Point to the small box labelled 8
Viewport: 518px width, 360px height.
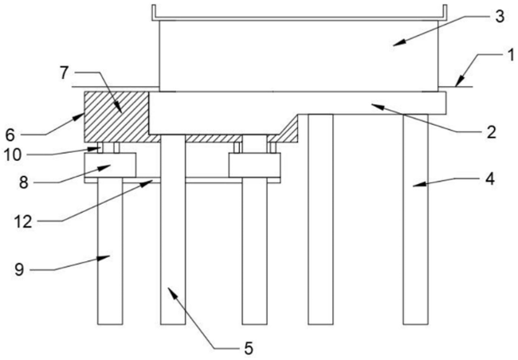[x=109, y=165]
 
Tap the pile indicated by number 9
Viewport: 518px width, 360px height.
[x=110, y=255]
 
